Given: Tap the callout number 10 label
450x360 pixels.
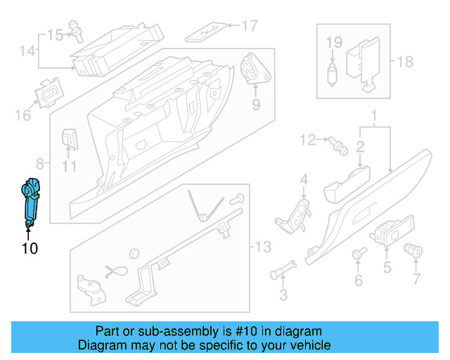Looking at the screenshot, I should click(30, 248).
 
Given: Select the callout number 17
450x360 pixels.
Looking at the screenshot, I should click(250, 27).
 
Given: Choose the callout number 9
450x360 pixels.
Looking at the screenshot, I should click(255, 105).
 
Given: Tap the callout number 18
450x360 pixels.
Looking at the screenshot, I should click(405, 62).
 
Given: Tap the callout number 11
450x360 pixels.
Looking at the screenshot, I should click(67, 167).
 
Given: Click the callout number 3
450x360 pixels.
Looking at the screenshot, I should click(283, 295).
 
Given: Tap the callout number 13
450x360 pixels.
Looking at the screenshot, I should click(262, 247).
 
